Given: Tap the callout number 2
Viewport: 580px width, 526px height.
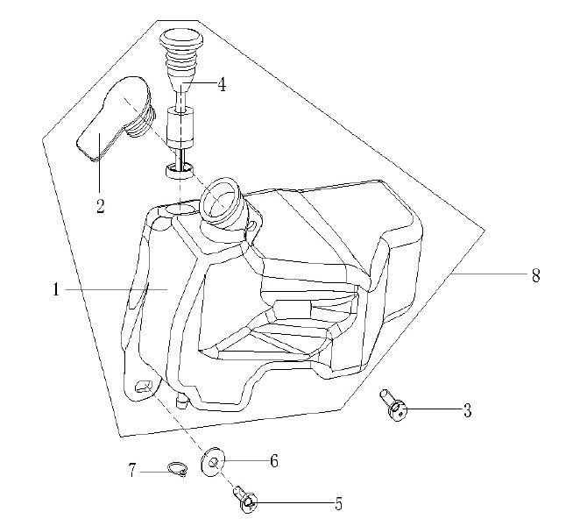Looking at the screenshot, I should [x=101, y=206].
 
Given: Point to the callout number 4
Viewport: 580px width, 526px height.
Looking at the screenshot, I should [x=222, y=85].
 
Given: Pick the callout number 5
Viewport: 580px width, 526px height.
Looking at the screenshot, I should [x=337, y=504].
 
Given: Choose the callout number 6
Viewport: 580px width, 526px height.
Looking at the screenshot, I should [x=273, y=460].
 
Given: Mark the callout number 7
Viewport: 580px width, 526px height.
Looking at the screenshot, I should [x=133, y=471].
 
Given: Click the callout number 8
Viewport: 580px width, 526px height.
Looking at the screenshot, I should [x=535, y=275].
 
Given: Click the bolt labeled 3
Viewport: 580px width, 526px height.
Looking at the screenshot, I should [x=396, y=406].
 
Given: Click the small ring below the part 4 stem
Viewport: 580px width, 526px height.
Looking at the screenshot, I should [x=178, y=168].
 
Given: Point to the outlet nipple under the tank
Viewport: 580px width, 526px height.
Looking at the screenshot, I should [x=182, y=401].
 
